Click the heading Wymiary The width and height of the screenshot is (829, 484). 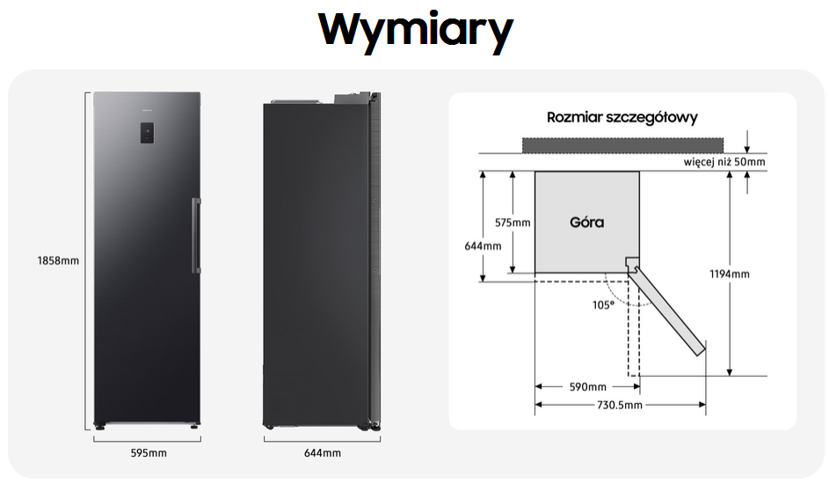pyautogui.click(x=416, y=31)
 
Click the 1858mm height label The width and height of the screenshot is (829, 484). pyautogui.click(x=58, y=260)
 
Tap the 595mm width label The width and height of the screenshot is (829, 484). pyautogui.click(x=149, y=453)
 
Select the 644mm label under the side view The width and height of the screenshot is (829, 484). pyautogui.click(x=323, y=453)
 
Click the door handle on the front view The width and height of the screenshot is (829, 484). pyautogui.click(x=196, y=235)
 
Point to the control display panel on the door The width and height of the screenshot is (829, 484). pyautogui.click(x=147, y=133)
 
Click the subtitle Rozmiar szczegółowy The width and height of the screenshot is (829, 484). pyautogui.click(x=622, y=117)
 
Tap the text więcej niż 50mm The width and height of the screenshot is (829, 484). pyautogui.click(x=724, y=162)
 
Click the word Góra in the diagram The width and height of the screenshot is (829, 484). pyautogui.click(x=587, y=222)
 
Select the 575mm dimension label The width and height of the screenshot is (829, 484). pyautogui.click(x=513, y=223)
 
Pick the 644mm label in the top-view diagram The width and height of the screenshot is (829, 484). pyautogui.click(x=483, y=246)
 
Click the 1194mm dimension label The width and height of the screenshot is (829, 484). pyautogui.click(x=730, y=274)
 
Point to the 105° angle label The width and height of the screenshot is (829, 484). pyautogui.click(x=603, y=305)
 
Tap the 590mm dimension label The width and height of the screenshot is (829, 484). pyautogui.click(x=588, y=387)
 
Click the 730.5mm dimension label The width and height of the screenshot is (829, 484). pyautogui.click(x=620, y=405)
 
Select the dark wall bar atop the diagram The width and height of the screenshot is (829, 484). pyautogui.click(x=622, y=145)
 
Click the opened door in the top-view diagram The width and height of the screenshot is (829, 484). pyautogui.click(x=667, y=310)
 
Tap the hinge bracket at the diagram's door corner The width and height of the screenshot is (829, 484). pyautogui.click(x=632, y=263)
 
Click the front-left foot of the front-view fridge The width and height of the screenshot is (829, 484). pyautogui.click(x=99, y=425)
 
